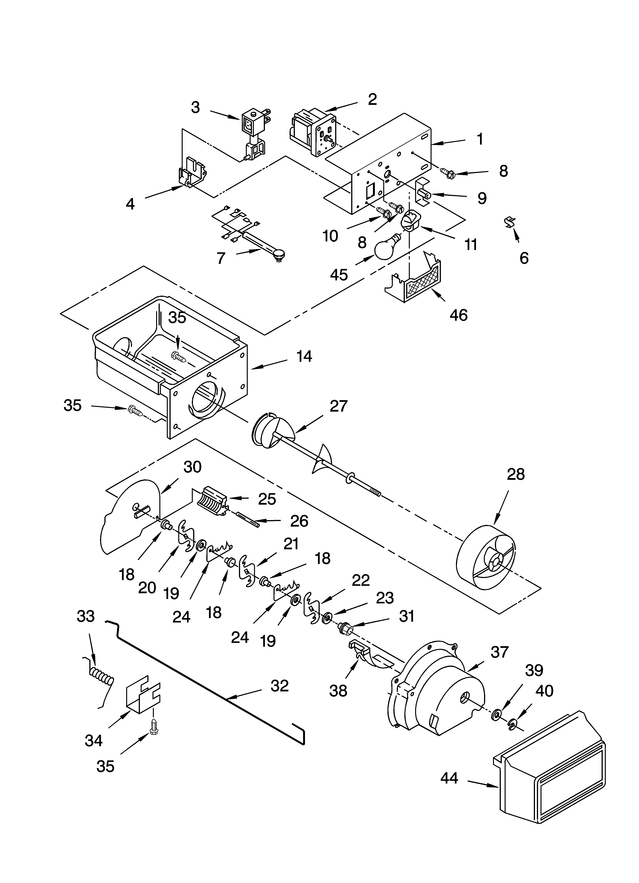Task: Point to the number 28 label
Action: pos(516,474)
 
